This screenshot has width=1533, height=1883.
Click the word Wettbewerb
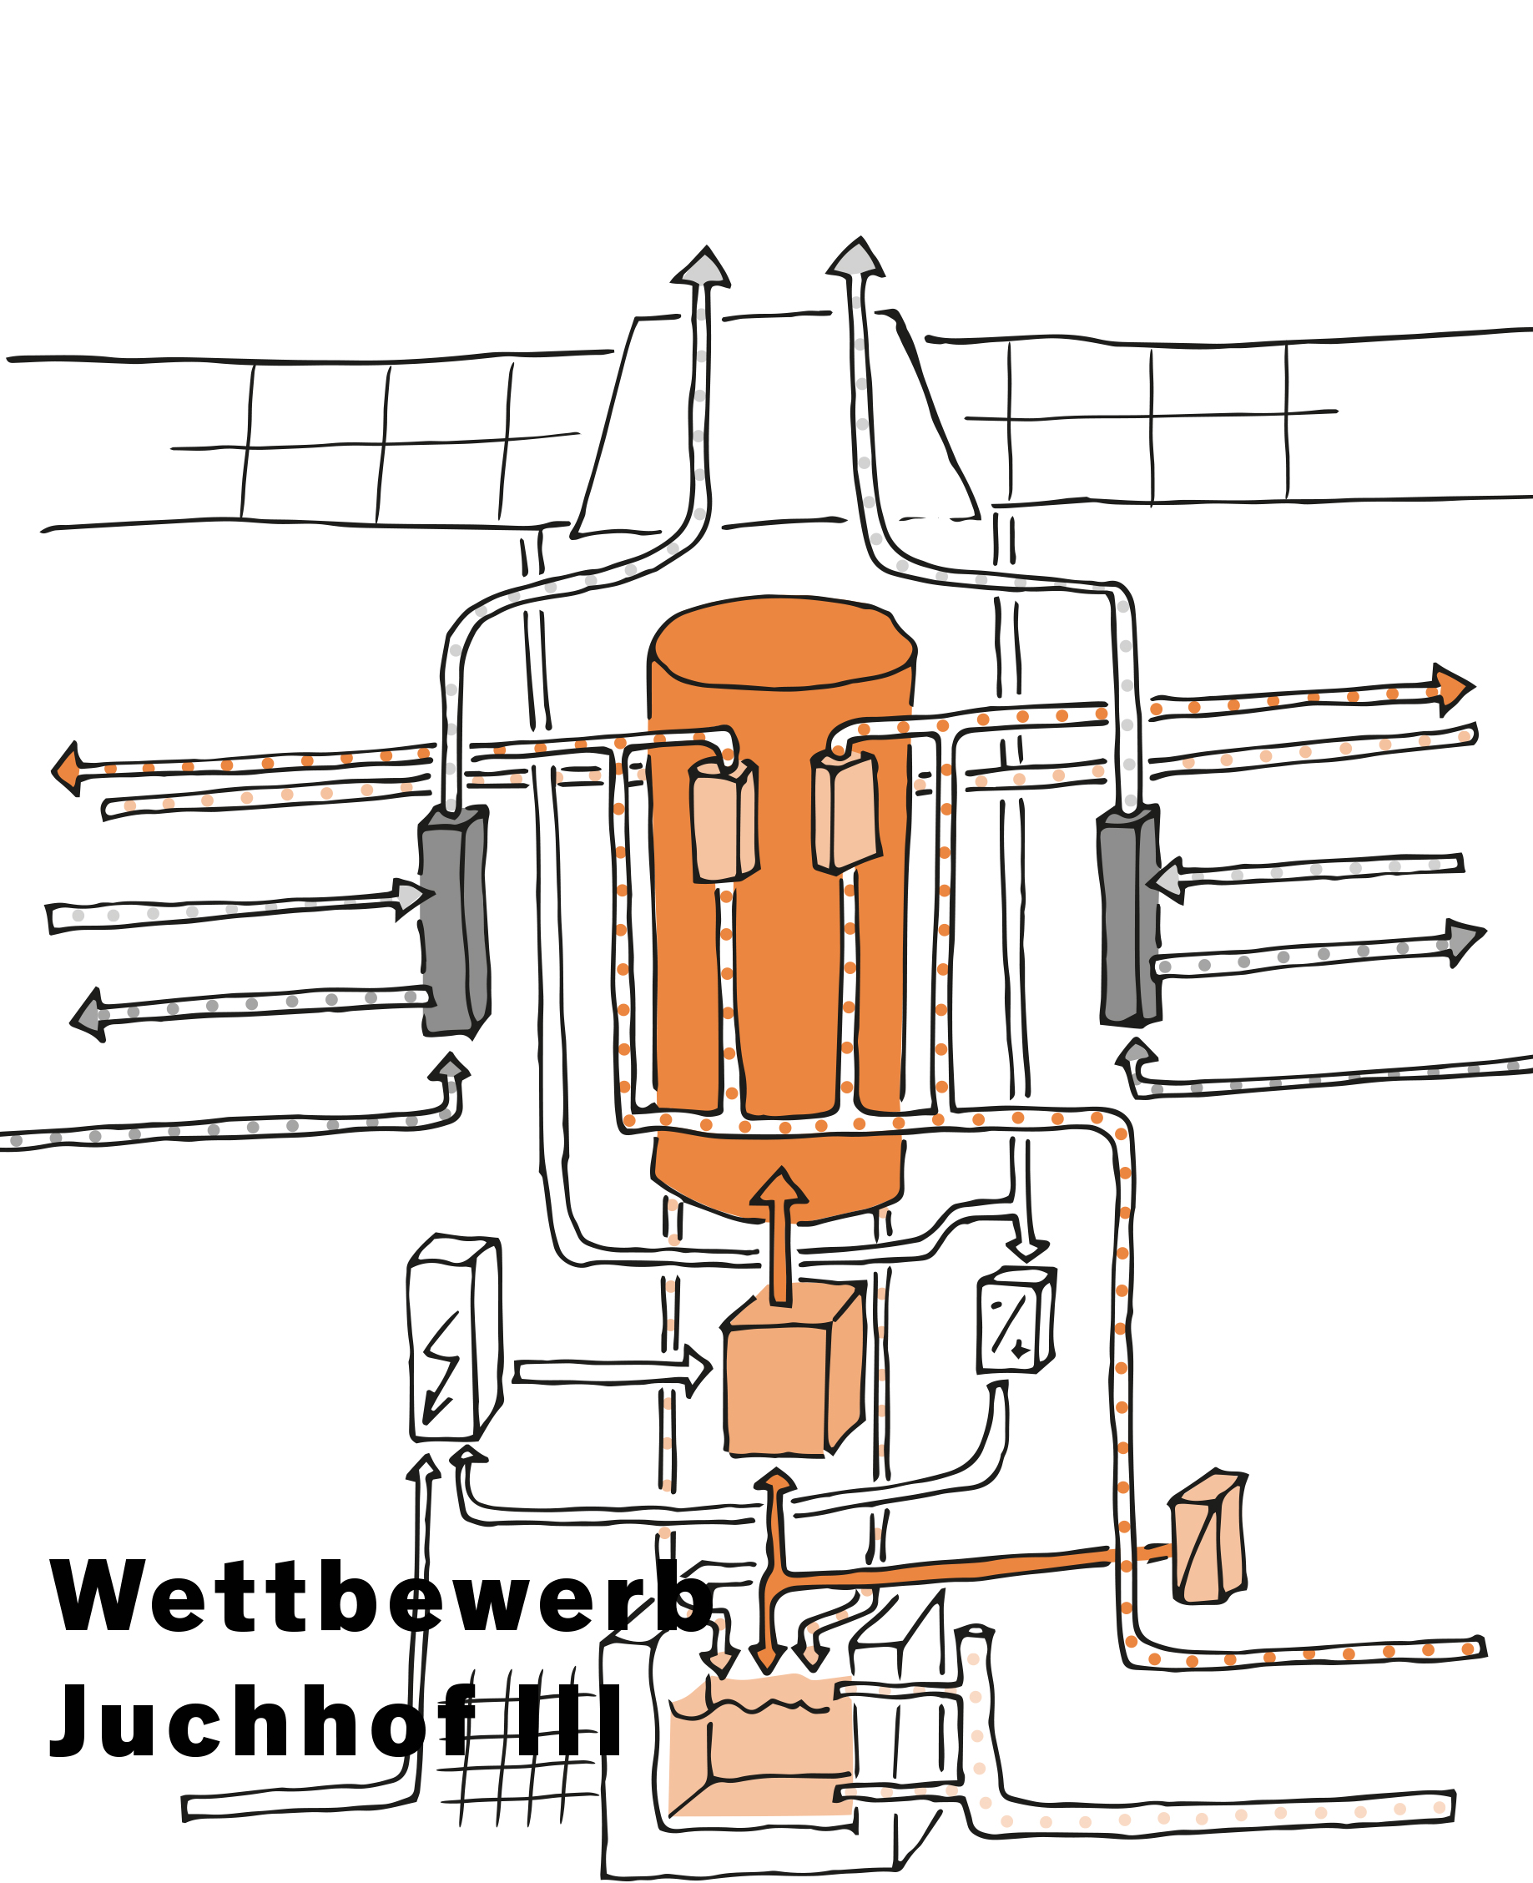point(380,1597)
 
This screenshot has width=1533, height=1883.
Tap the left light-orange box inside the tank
point(724,821)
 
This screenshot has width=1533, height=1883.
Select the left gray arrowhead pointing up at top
point(703,268)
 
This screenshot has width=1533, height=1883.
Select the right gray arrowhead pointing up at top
point(855,259)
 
